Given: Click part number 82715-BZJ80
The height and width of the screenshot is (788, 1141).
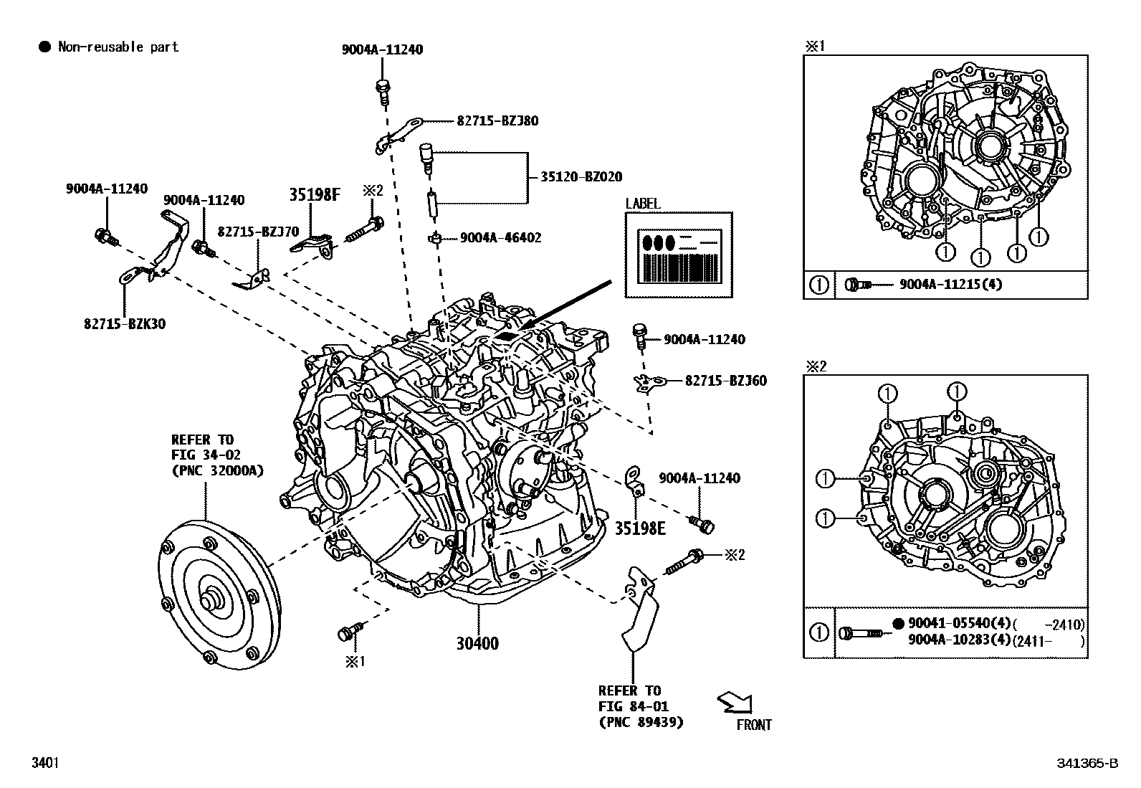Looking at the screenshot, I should tap(497, 121).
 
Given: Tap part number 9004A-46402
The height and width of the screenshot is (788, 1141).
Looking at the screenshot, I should tap(500, 237).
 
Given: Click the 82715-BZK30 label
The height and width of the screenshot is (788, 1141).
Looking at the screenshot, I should tap(124, 324).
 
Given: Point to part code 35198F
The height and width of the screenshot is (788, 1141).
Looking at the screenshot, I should tap(314, 194).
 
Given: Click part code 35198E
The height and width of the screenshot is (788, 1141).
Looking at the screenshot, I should tap(640, 528).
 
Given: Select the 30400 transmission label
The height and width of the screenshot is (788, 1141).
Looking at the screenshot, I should tap(477, 644).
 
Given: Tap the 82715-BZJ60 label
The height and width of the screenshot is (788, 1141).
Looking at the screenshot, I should tap(725, 381).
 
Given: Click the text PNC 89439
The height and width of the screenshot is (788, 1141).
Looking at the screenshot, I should tap(641, 722).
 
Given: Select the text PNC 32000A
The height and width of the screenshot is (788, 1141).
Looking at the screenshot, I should tap(217, 470).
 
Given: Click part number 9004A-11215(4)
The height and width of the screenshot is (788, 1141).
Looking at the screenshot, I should tap(950, 285).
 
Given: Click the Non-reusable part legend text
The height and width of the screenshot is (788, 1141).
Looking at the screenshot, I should tap(118, 47).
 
